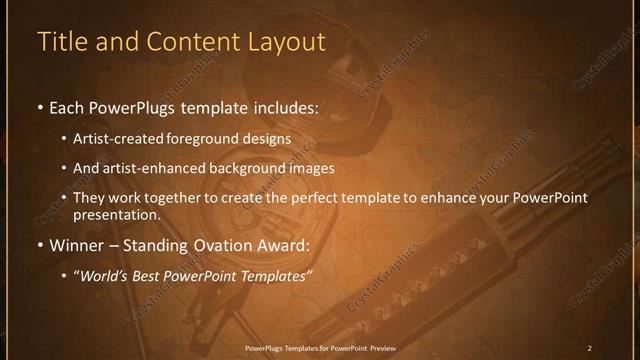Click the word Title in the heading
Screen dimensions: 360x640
click(61, 43)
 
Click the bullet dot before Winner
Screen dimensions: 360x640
click(38, 243)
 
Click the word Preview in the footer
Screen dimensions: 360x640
click(381, 347)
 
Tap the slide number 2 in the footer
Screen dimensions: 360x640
click(589, 347)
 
